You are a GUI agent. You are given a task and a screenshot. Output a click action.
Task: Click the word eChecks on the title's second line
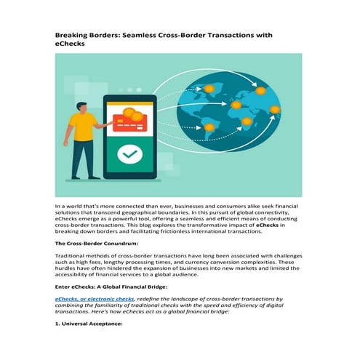coord(73,44)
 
